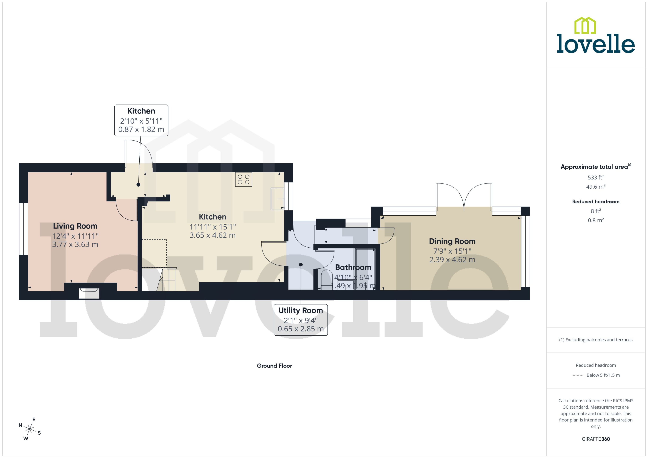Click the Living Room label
75,226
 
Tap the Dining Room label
452,241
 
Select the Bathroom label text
353,267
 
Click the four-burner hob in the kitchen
243,179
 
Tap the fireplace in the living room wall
89,293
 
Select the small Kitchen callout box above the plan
141,120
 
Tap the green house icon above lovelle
585,26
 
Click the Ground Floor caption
274,366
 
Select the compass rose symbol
29,429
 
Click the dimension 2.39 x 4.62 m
452,260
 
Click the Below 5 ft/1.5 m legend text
603,375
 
